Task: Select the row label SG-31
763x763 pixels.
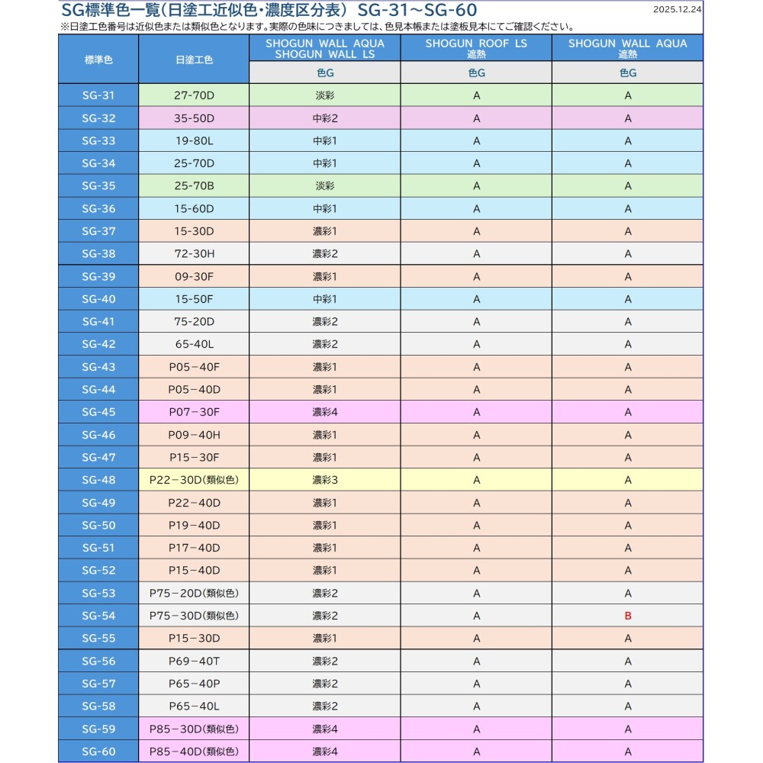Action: click(x=98, y=95)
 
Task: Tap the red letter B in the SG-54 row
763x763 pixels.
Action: click(x=628, y=616)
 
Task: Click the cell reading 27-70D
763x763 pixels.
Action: click(x=194, y=95)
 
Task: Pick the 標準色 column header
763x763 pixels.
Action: click(x=98, y=59)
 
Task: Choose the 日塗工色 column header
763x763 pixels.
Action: click(x=194, y=59)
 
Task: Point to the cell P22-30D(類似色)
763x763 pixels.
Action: click(x=194, y=480)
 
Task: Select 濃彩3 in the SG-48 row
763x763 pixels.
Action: click(x=324, y=480)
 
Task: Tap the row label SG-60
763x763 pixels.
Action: click(x=98, y=752)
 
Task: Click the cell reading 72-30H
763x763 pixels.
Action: click(x=194, y=253)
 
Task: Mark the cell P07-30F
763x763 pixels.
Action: click(x=194, y=412)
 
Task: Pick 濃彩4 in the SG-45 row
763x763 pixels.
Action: click(x=324, y=412)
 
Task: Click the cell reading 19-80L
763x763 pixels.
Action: click(x=194, y=140)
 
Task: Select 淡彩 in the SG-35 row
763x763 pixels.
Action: click(x=324, y=186)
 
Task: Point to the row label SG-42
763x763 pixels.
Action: click(x=98, y=344)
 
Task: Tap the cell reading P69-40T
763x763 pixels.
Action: click(x=194, y=661)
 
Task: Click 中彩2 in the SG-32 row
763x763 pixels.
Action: click(x=324, y=118)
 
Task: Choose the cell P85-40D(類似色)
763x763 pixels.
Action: click(x=194, y=752)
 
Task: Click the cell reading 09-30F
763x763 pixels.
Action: click(x=194, y=276)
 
